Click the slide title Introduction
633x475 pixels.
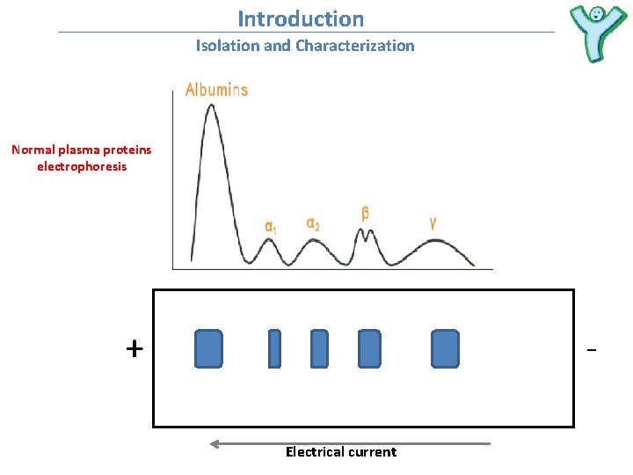[x=301, y=18]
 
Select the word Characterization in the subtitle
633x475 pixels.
[x=354, y=46]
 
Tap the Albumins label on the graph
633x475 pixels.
[x=216, y=90]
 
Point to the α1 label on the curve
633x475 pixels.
[x=271, y=226]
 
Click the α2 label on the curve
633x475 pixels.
[x=313, y=223]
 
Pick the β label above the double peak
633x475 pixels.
[x=365, y=214]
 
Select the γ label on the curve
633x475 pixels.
[x=433, y=223]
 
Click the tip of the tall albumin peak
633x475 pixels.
[x=210, y=106]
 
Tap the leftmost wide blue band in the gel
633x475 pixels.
[x=208, y=348]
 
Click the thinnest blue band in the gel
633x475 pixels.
[x=274, y=348]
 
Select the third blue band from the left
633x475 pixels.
[x=319, y=348]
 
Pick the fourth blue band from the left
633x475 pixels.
[x=369, y=348]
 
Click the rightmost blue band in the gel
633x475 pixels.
[x=445, y=348]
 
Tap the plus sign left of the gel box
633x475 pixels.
[x=134, y=349]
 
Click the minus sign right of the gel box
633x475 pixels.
[x=591, y=351]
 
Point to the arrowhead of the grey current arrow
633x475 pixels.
[x=215, y=444]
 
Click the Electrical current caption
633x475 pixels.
[x=341, y=452]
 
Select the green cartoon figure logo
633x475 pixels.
[x=596, y=33]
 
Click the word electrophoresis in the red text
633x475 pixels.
[x=82, y=166]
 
